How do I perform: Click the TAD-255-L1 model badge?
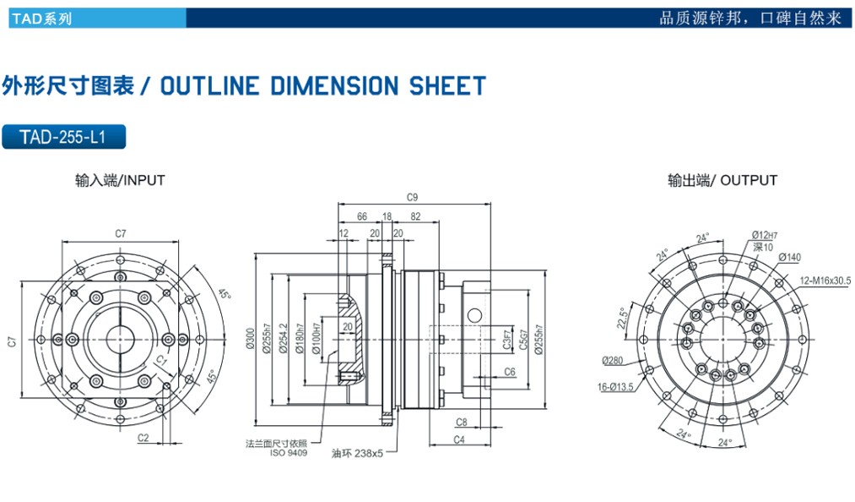tap(64, 137)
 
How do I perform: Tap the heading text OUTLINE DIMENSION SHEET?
tap(322, 85)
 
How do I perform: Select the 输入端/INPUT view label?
tap(120, 180)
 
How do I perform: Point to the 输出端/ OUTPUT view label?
tap(722, 180)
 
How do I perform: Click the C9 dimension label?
tap(412, 197)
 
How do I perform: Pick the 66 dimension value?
tap(362, 217)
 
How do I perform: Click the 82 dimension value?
tap(415, 217)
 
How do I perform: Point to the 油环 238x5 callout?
tap(358, 453)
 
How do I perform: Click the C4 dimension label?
tap(459, 439)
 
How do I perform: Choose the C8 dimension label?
tap(462, 421)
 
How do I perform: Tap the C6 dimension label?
tap(509, 372)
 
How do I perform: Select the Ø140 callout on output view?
tap(789, 257)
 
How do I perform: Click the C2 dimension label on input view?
tap(143, 438)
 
